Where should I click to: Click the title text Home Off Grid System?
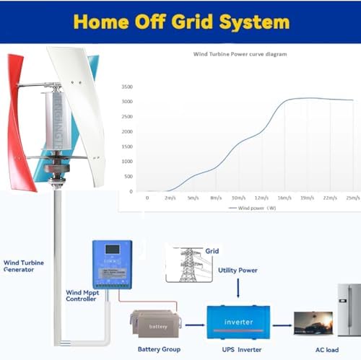point(180,21)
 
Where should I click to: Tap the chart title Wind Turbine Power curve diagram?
point(236,54)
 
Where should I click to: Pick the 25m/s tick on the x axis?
point(352,197)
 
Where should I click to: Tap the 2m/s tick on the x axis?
point(170,197)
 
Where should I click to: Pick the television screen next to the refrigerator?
point(313,322)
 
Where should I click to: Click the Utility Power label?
point(238,270)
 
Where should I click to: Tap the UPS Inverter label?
point(240,348)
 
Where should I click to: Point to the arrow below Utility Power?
point(238,289)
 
